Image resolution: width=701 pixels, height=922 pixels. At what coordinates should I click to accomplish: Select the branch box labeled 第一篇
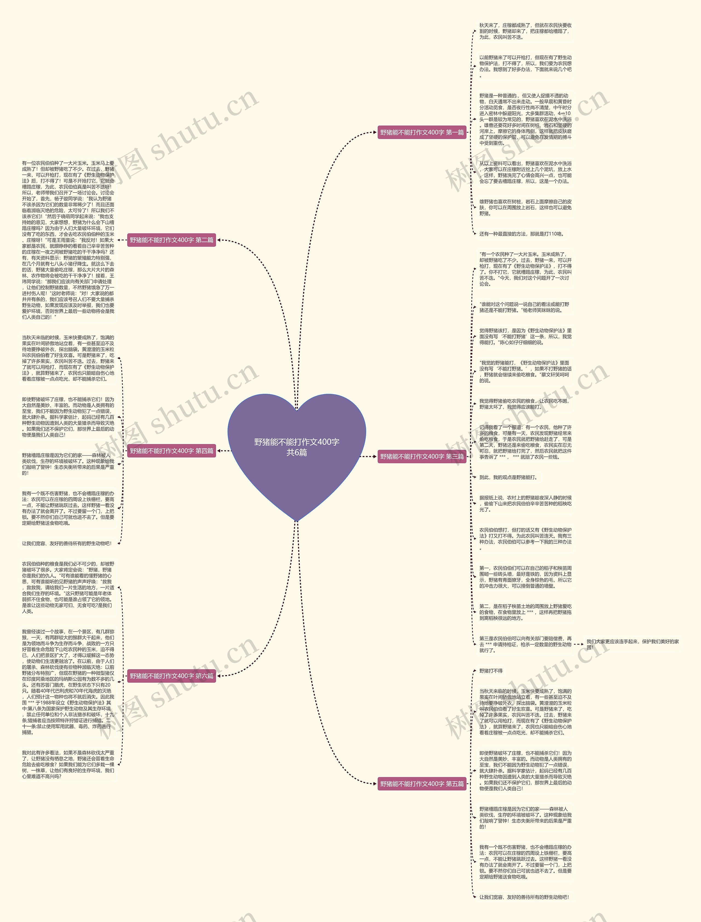point(421,132)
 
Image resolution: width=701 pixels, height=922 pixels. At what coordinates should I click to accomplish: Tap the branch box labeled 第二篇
point(171,240)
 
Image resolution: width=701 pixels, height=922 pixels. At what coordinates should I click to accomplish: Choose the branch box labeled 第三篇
point(421,456)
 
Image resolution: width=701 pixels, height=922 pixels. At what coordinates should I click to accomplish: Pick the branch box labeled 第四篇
point(171,451)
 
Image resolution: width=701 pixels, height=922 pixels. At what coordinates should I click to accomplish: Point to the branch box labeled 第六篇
point(171,676)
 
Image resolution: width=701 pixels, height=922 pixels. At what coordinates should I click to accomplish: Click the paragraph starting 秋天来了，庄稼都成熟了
point(525,31)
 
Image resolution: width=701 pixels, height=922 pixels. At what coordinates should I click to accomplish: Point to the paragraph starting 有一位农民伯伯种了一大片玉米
point(68,240)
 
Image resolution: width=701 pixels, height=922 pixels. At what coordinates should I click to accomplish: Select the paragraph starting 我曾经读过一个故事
point(68,682)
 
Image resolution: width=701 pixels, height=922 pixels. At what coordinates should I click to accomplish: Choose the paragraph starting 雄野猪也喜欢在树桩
point(525,207)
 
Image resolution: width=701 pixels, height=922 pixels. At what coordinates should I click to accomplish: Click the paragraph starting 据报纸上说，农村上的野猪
point(525,503)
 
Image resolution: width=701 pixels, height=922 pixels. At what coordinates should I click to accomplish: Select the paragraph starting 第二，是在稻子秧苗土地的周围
point(525,612)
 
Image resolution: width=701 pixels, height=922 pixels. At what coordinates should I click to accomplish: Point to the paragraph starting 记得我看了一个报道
point(525,442)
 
